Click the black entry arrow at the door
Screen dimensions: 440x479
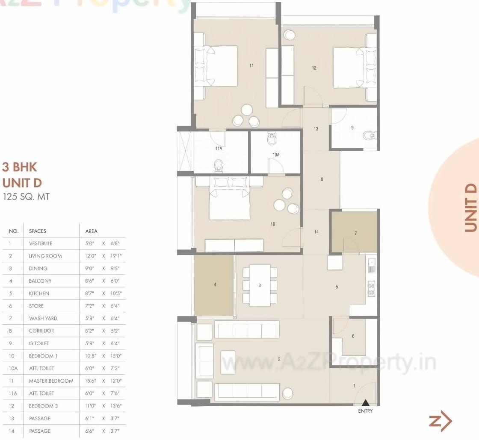coord(365,402)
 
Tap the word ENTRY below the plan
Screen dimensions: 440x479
coord(365,411)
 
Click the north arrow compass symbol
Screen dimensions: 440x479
coord(441,422)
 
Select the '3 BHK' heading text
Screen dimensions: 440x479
coord(20,167)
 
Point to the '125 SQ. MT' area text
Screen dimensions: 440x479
coord(26,197)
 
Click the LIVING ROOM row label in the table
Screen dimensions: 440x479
coord(45,256)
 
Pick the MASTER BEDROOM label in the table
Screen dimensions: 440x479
coord(51,381)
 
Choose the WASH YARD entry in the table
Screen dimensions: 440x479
coord(43,318)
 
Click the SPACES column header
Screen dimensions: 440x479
coord(38,231)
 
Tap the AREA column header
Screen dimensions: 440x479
coord(92,231)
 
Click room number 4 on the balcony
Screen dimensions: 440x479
coord(215,284)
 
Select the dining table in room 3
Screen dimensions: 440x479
coord(260,285)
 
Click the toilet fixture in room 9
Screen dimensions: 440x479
coord(368,136)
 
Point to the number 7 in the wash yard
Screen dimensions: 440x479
coord(355,233)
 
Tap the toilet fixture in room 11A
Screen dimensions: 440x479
coord(219,164)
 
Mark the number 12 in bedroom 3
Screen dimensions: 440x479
coord(314,68)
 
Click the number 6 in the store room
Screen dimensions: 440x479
coord(353,336)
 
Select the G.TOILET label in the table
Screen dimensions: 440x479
coord(39,343)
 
